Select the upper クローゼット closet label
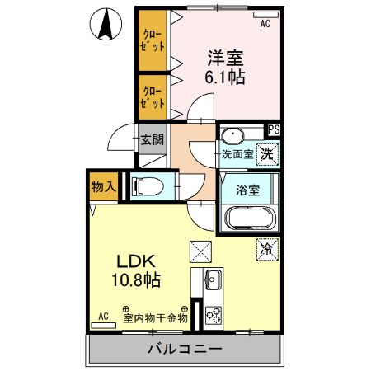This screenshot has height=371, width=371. tap(153, 41)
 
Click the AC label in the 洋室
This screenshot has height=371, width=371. tap(265, 25)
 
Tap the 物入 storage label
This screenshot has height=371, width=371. tap(103, 187)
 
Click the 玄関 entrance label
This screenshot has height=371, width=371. tap(150, 139)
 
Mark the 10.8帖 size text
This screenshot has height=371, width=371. tap(136, 279)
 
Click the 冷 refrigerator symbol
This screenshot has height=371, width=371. tap(268, 246)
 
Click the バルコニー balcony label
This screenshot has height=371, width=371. tap(184, 349)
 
